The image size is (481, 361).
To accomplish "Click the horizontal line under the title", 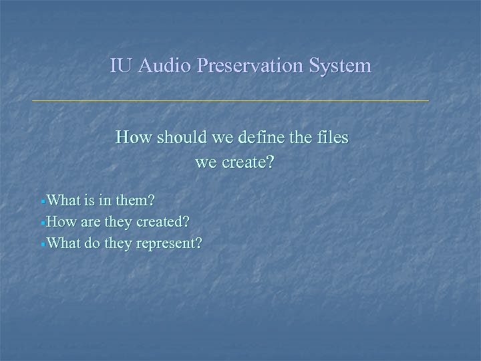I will [x=230, y=100].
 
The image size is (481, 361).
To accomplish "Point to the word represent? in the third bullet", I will [x=169, y=243].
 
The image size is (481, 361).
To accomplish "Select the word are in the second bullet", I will [x=90, y=221].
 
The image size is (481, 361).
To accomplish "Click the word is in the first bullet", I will [x=90, y=200].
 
